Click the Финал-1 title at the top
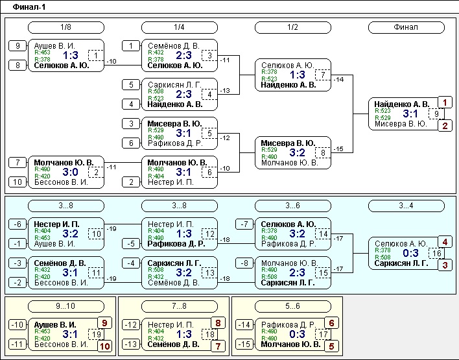[x=29, y=7]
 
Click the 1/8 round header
[x=66, y=27]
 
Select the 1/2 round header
[x=293, y=27]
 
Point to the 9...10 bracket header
[x=66, y=306]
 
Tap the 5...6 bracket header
[x=293, y=306]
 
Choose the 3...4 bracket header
[x=406, y=206]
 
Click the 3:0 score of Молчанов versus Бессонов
[x=70, y=172]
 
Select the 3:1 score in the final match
[x=410, y=114]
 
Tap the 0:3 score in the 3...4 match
[x=410, y=253]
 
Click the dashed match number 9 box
[x=436, y=114]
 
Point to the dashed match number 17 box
[x=323, y=334]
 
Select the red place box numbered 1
[x=445, y=102]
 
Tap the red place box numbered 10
[x=104, y=346]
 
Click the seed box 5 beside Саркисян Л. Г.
[x=131, y=85]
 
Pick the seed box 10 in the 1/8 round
[x=18, y=182]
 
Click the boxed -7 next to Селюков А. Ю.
[x=244, y=224]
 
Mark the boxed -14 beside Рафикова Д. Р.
[x=244, y=324]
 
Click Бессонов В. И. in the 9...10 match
[x=61, y=344]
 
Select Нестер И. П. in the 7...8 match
[x=171, y=324]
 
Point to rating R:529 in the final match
[x=383, y=118]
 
